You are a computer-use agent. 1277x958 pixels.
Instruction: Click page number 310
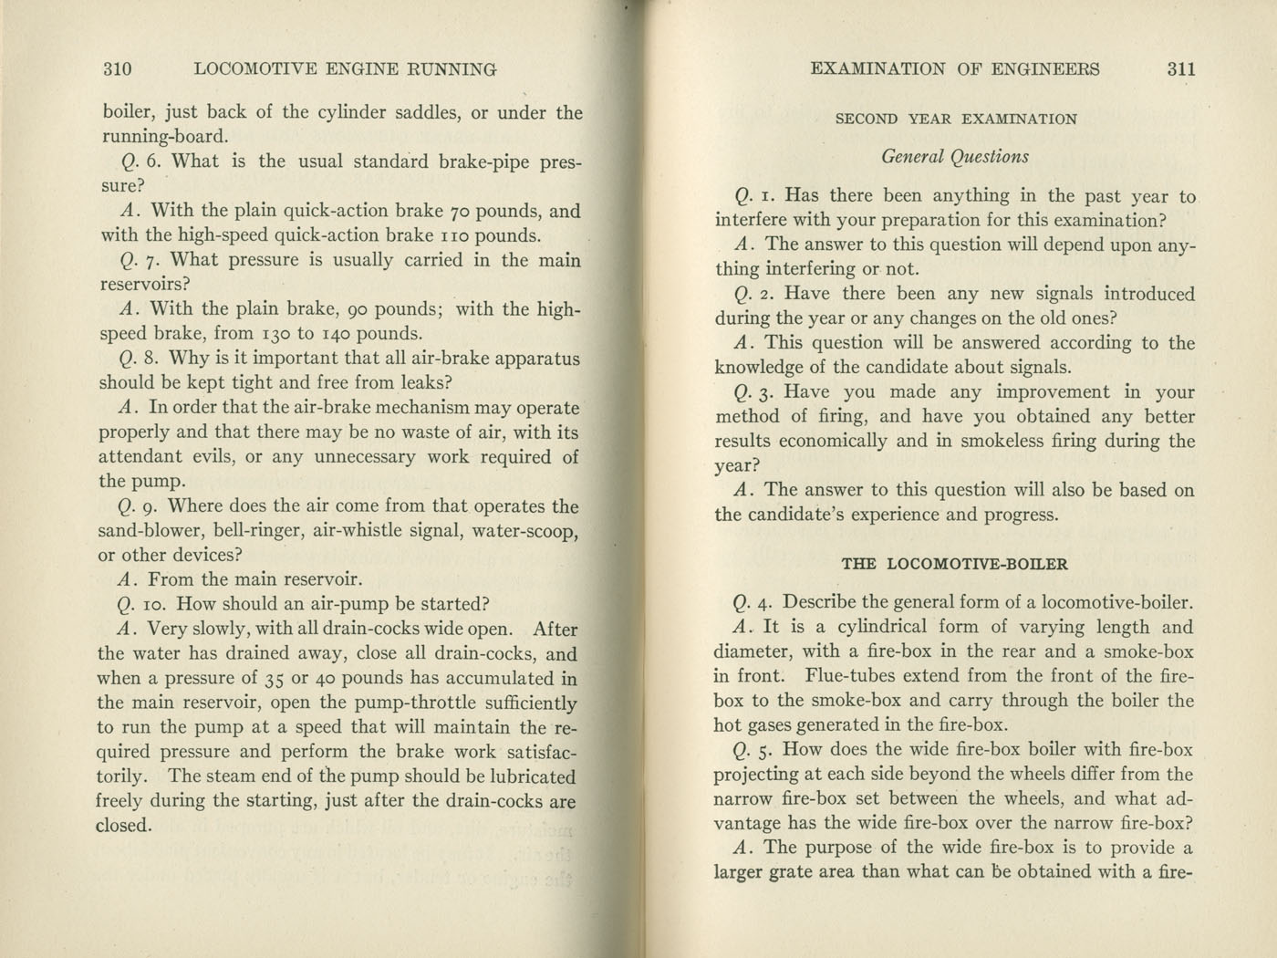tap(118, 68)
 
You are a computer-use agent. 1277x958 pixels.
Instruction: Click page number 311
tap(1179, 68)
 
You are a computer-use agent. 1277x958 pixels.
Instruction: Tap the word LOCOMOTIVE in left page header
tap(253, 68)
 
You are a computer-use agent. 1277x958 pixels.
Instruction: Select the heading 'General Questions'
tap(955, 157)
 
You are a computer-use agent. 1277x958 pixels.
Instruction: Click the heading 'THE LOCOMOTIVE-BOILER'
tap(955, 564)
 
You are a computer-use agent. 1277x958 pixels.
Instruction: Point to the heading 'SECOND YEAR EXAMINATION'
tap(955, 119)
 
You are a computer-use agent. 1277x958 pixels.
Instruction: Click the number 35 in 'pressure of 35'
tap(272, 679)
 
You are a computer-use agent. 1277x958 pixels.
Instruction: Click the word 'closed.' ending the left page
tap(123, 826)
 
